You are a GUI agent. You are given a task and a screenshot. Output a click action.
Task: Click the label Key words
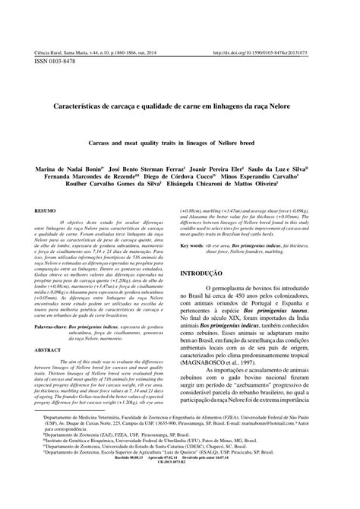pos(196,246)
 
